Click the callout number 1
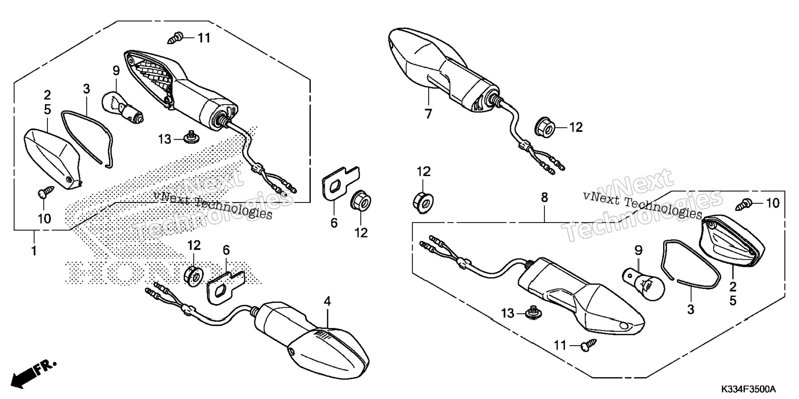[x=34, y=250]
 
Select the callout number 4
[x=327, y=302]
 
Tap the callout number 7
[x=428, y=114]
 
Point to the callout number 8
[x=544, y=197]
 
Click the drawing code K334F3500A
[x=749, y=389]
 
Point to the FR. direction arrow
[x=33, y=374]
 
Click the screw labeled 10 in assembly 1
[x=45, y=192]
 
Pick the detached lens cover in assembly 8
[x=732, y=241]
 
